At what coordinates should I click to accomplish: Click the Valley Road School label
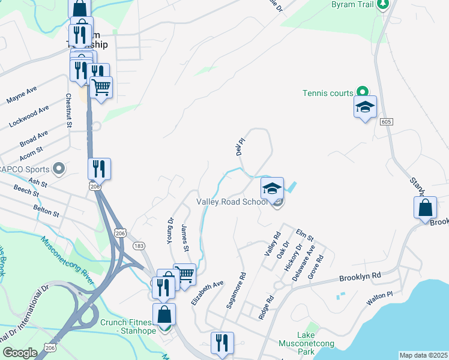point(232,202)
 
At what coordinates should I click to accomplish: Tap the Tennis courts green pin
point(362,92)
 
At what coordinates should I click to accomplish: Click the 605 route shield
point(386,122)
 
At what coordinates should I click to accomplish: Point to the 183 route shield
point(139,246)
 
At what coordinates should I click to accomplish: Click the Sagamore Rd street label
point(236,291)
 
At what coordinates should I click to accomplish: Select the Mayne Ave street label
point(22,94)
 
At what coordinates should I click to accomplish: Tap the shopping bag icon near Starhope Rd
point(425,207)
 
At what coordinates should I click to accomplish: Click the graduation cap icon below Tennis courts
point(365,107)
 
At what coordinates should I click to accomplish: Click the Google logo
point(20,353)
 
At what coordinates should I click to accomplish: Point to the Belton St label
point(46,210)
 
